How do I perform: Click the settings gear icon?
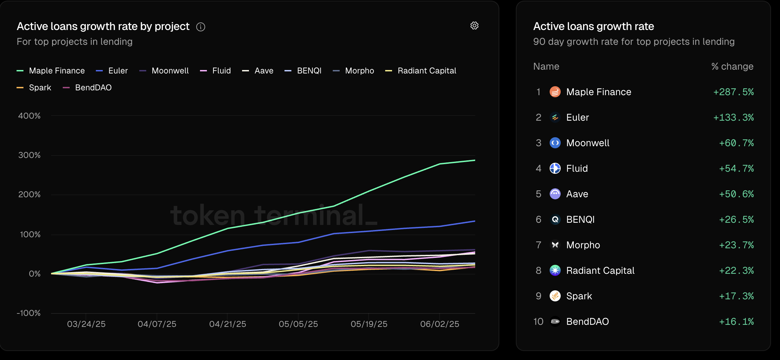click(474, 26)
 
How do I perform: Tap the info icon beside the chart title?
click(201, 27)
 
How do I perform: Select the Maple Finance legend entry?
click(51, 71)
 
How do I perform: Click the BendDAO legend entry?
click(88, 88)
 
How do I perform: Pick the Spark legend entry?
click(34, 88)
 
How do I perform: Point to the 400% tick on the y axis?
click(29, 116)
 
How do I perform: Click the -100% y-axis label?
click(29, 313)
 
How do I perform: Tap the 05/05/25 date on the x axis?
click(298, 324)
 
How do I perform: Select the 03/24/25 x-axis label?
click(86, 324)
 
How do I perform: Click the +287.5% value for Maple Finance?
click(733, 92)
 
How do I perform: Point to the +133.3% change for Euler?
click(733, 118)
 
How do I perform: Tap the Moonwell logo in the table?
click(555, 143)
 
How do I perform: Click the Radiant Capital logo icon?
click(555, 271)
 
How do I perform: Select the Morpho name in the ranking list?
click(583, 245)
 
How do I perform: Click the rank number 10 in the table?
click(538, 322)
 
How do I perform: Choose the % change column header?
click(732, 67)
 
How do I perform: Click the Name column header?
click(546, 67)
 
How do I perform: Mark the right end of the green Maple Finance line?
click(474, 160)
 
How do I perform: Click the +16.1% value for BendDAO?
click(736, 322)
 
